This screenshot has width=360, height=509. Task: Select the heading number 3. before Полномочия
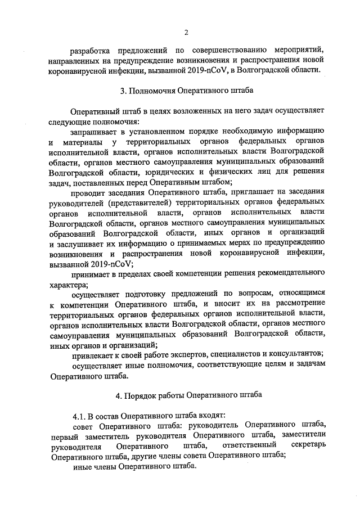(124, 90)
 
